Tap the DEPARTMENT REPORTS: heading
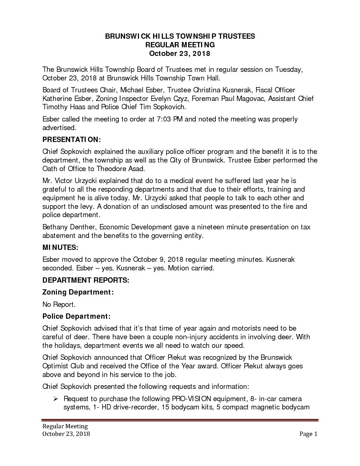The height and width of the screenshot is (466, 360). click(x=86, y=280)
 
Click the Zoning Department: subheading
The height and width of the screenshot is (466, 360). click(x=78, y=292)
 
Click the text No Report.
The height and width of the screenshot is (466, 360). click(x=58, y=304)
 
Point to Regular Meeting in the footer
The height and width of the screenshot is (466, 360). click(x=65, y=426)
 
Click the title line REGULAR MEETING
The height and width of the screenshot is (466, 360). click(x=180, y=45)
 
